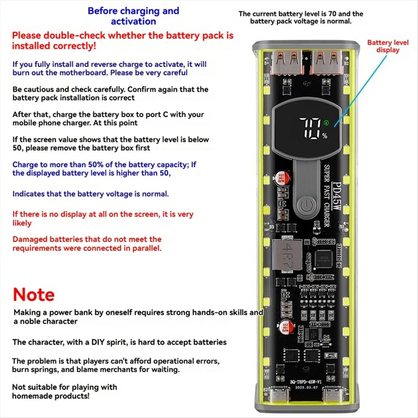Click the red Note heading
tap(34, 295)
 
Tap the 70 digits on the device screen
tap(311, 128)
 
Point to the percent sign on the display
tap(325, 136)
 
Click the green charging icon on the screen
tap(326, 123)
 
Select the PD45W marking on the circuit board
tap(336, 197)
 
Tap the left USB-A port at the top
tap(287, 62)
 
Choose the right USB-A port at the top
tap(326, 62)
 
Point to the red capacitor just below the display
tap(281, 178)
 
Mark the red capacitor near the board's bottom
tap(286, 327)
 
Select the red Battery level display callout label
tap(388, 46)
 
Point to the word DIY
tap(98, 342)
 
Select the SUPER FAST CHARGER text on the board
tap(327, 196)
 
